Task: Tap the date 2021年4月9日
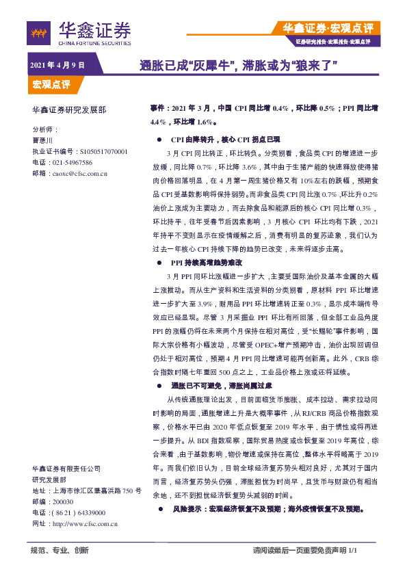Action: coord(57,65)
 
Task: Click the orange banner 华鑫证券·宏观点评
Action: coord(328,29)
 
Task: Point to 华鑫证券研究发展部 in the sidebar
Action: coord(69,109)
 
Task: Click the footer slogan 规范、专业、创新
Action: coord(60,550)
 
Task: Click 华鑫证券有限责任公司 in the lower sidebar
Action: coord(66,469)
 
